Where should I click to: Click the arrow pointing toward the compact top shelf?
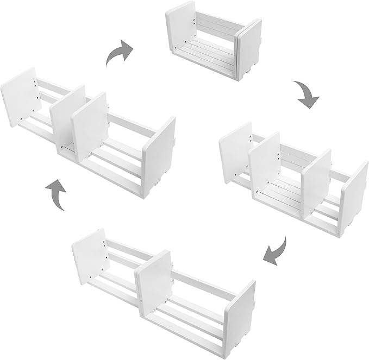click(x=119, y=53)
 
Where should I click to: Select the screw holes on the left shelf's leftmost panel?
click(x=36, y=92)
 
